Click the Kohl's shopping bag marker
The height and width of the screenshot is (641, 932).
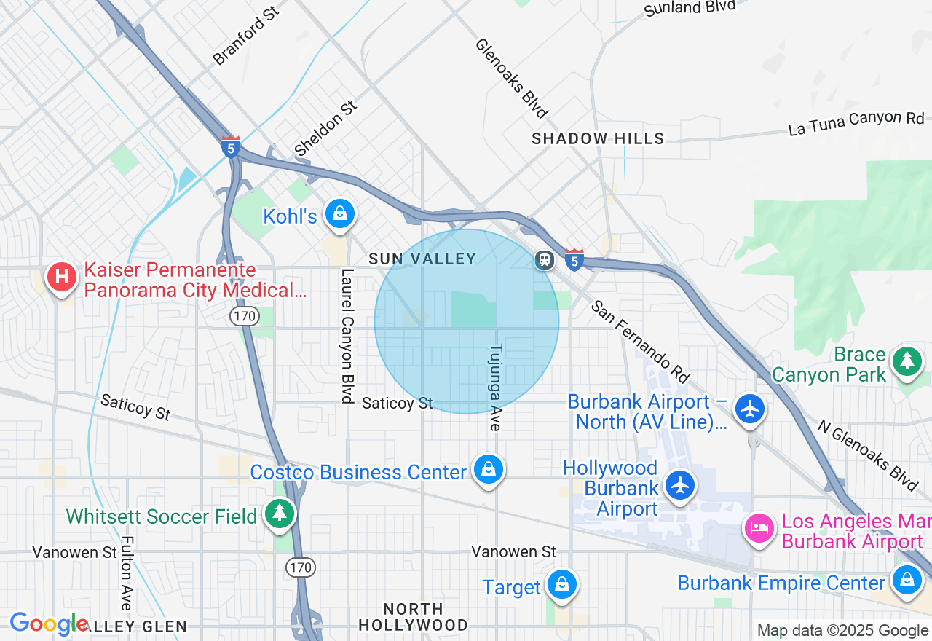click(x=339, y=213)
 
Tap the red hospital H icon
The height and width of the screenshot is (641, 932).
click(x=62, y=277)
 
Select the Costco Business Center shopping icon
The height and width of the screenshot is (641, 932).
click(x=489, y=470)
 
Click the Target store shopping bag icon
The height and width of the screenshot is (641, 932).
click(x=562, y=584)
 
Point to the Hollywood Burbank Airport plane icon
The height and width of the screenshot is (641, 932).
click(x=680, y=485)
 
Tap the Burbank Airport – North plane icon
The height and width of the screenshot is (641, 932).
click(x=750, y=408)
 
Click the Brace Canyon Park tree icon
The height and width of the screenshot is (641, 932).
click(x=907, y=360)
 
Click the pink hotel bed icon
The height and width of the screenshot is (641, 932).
click(x=760, y=528)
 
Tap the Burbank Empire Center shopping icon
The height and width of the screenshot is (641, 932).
click(x=907, y=581)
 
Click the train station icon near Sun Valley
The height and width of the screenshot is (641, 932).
click(x=544, y=260)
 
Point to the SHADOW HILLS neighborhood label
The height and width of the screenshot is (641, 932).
click(x=598, y=138)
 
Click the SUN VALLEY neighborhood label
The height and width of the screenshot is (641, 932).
click(x=422, y=259)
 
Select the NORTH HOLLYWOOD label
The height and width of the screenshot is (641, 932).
click(x=413, y=617)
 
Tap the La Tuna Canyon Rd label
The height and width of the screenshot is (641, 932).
click(x=856, y=124)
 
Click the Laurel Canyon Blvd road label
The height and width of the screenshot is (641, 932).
click(x=347, y=336)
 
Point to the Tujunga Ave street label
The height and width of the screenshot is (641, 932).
click(x=496, y=387)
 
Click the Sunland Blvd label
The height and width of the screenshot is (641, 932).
click(x=691, y=8)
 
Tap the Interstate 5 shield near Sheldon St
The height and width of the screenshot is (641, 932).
click(x=231, y=146)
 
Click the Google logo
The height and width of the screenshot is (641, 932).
click(x=48, y=624)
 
